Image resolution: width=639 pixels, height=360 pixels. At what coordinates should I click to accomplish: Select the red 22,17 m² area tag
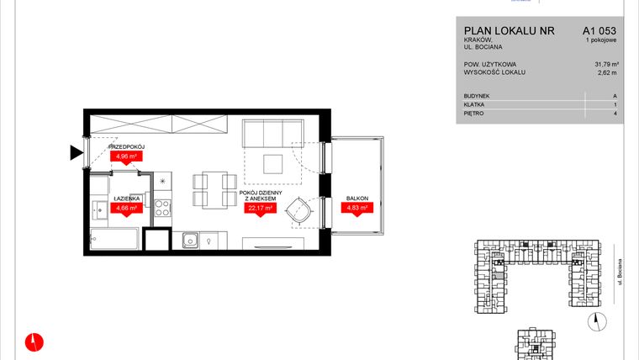260,211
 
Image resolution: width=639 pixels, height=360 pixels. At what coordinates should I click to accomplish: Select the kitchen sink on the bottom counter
192,240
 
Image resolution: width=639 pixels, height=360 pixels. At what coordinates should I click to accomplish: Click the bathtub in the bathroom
114,240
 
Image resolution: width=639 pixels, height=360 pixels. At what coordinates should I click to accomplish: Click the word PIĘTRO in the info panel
474,112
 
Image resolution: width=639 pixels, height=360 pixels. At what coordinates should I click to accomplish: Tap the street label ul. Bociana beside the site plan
619,273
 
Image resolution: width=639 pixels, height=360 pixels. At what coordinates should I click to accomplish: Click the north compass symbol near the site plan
595,318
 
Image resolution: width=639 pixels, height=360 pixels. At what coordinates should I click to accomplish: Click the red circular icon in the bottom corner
33,341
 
